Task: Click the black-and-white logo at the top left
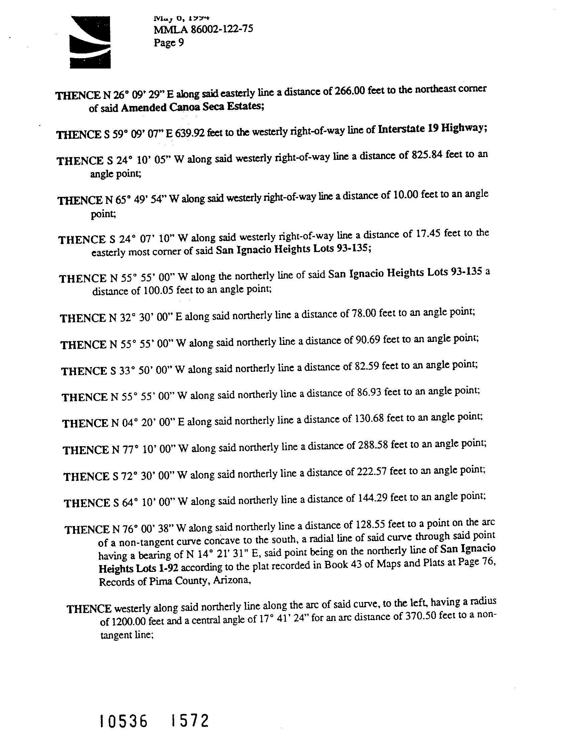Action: point(90,42)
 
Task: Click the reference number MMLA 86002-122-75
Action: point(203,30)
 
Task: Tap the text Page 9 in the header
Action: point(169,43)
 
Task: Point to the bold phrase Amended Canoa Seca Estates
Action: point(192,107)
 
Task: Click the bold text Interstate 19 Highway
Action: point(432,129)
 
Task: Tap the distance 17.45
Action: point(427,233)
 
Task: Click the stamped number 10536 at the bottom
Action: point(124,721)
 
